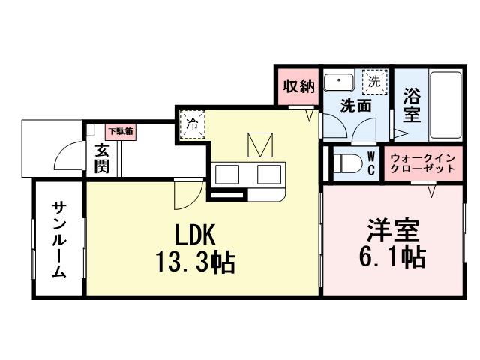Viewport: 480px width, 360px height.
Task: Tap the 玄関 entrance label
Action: [x=103, y=158]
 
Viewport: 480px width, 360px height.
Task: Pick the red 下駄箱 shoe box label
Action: [x=120, y=131]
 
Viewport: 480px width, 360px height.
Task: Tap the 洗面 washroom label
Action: [x=355, y=106]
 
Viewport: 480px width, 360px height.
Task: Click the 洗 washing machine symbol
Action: [x=373, y=79]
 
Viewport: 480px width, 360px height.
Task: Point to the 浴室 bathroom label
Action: [x=412, y=106]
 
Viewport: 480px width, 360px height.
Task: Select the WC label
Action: [x=372, y=163]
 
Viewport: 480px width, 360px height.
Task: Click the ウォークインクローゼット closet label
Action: [x=421, y=163]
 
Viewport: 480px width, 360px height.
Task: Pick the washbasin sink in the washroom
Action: [x=341, y=80]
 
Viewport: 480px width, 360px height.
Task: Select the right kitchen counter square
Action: [x=268, y=175]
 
